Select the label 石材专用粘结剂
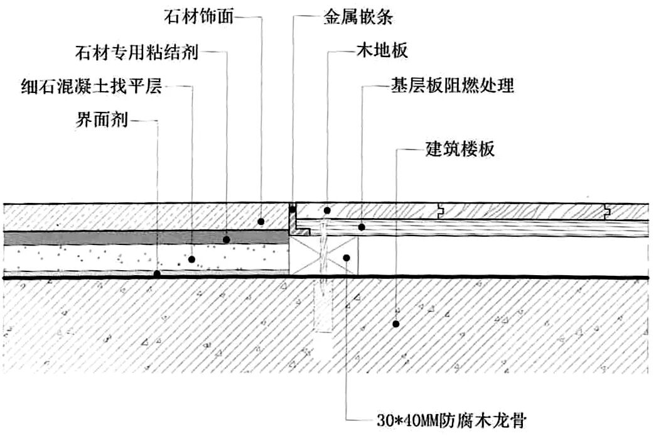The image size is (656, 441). click(x=136, y=52)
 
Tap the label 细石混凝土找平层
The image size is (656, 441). click(x=91, y=86)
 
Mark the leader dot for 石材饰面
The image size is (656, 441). click(x=261, y=222)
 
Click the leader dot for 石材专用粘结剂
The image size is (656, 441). click(x=227, y=239)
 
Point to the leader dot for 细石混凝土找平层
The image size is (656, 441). click(x=192, y=258)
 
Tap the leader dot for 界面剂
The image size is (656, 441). click(x=157, y=274)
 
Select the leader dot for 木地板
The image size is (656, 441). click(x=327, y=210)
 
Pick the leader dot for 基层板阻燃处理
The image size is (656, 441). click(x=362, y=226)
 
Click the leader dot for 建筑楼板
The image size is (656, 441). click(x=396, y=324)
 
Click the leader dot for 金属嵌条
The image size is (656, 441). click(x=292, y=206)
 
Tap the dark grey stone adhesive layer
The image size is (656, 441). click(x=126, y=238)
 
